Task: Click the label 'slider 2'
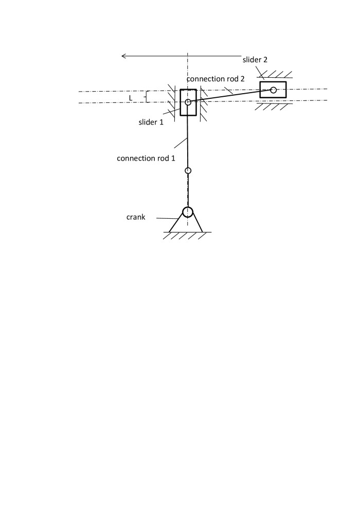click(x=255, y=60)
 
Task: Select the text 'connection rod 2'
click(x=215, y=79)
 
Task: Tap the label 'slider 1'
click(x=151, y=122)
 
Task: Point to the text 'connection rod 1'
click(x=146, y=159)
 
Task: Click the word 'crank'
click(x=136, y=217)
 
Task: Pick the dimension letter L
click(x=131, y=98)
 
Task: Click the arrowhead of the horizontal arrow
click(x=123, y=56)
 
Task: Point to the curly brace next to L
click(x=147, y=97)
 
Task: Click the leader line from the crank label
click(x=167, y=218)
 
